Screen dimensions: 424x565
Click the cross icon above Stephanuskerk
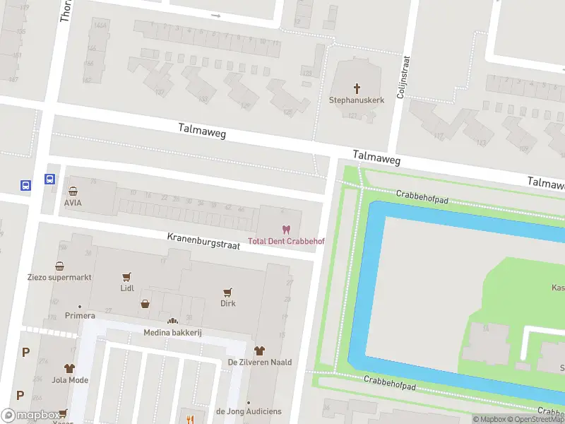pyautogui.click(x=357, y=88)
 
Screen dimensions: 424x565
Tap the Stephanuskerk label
pyautogui.click(x=357, y=100)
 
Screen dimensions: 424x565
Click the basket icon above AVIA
pyautogui.click(x=73, y=191)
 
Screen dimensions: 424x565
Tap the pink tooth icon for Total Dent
pyautogui.click(x=286, y=230)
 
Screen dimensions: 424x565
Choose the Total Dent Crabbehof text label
pyautogui.click(x=286, y=241)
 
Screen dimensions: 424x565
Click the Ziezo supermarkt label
pyautogui.click(x=59, y=277)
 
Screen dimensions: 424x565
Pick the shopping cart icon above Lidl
pyautogui.click(x=127, y=277)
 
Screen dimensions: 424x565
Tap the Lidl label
pyautogui.click(x=127, y=288)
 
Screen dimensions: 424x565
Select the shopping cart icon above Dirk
pyautogui.click(x=227, y=291)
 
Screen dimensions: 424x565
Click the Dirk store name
pyautogui.click(x=227, y=303)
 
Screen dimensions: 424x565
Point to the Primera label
pyautogui.click(x=80, y=315)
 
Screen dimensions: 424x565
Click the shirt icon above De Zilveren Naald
pyautogui.click(x=259, y=350)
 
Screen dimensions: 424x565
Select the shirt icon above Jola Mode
pyautogui.click(x=69, y=368)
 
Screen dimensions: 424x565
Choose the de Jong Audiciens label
pyautogui.click(x=249, y=411)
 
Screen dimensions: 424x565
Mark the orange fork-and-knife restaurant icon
pyautogui.click(x=189, y=418)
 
